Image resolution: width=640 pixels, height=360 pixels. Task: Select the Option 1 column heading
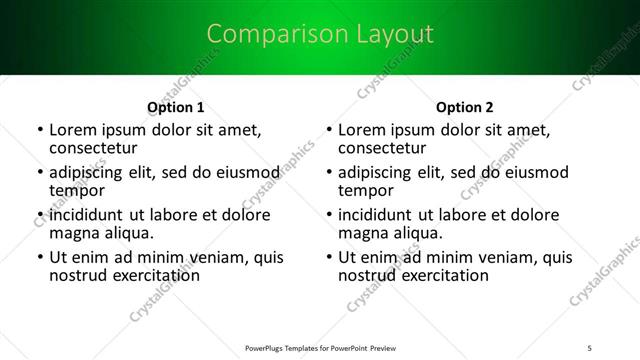coord(176,107)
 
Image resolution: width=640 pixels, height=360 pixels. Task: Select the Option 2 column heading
coord(465,107)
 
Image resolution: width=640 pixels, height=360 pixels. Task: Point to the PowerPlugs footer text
coord(320,347)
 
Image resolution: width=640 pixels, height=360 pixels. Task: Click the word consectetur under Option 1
coord(93,148)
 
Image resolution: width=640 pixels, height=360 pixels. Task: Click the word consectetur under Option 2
coord(382,148)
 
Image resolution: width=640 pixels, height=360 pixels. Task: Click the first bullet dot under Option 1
coord(40,130)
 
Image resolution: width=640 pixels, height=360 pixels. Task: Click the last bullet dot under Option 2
coord(329,257)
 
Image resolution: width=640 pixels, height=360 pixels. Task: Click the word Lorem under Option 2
coord(361,130)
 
